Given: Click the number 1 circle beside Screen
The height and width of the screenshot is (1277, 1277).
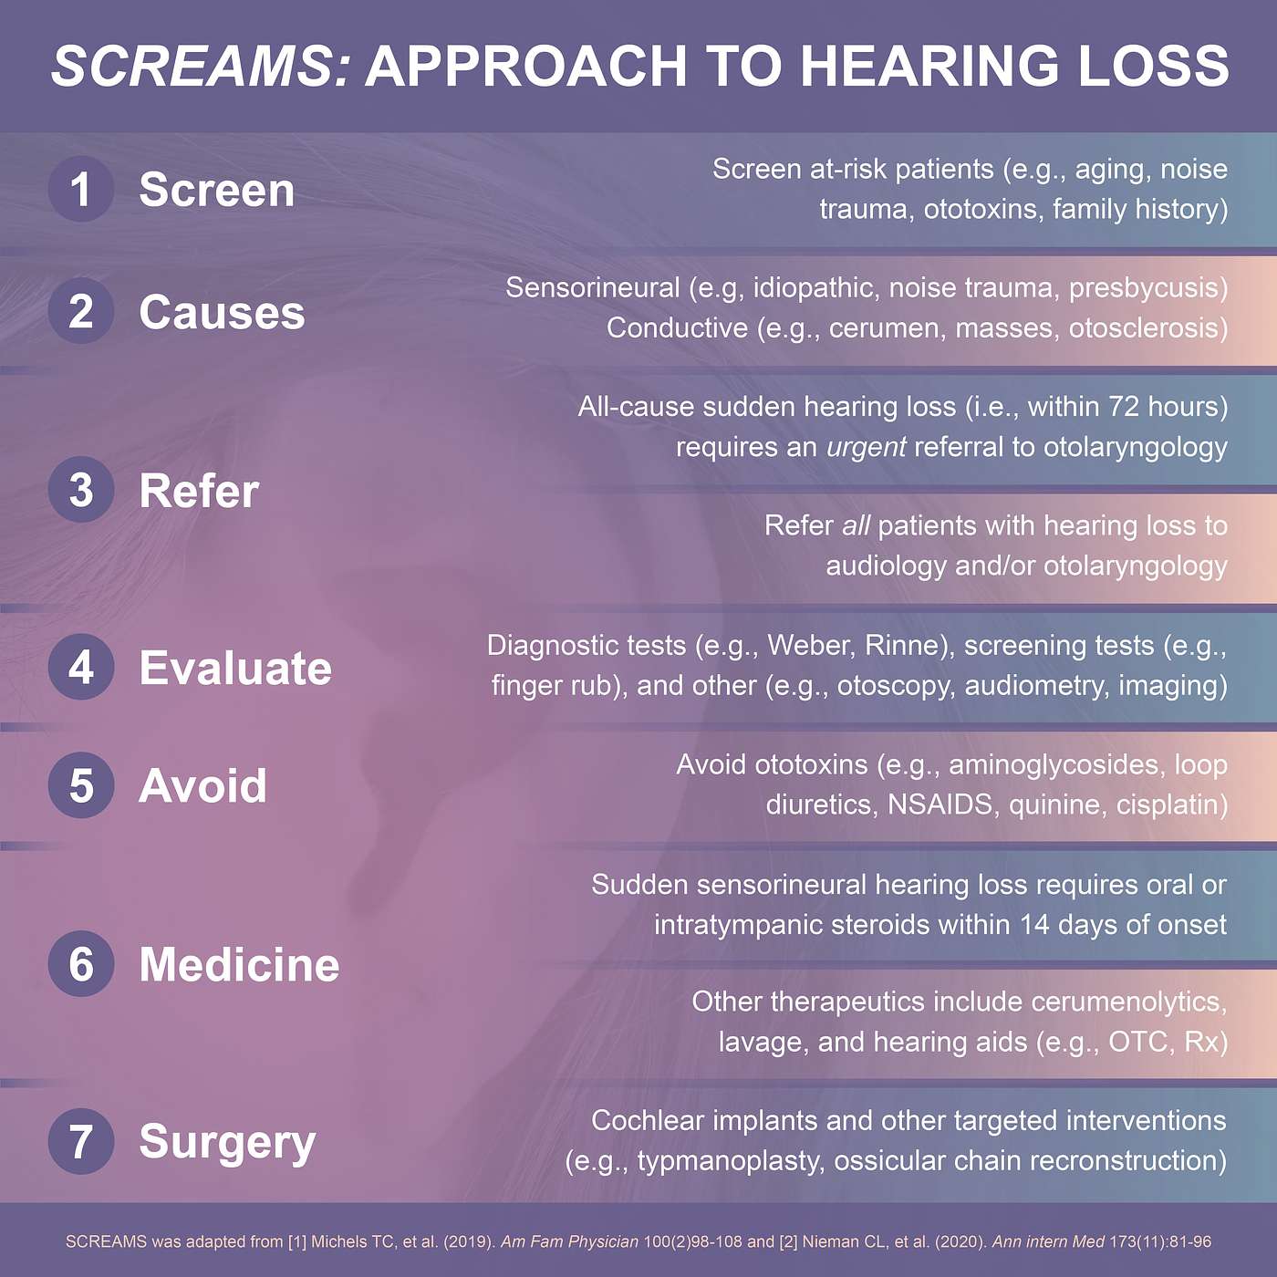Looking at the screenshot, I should tap(81, 189).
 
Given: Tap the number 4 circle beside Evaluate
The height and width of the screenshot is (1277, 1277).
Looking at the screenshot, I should tap(81, 667).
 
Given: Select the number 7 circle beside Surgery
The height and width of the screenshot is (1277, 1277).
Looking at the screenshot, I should tap(81, 1141).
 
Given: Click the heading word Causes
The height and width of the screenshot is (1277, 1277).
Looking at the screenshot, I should tap(222, 312).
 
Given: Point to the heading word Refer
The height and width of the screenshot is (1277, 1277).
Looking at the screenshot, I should tap(199, 491).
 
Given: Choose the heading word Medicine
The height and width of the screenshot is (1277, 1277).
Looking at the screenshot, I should tap(239, 964).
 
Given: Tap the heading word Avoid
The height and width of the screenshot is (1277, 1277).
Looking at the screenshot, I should tap(202, 785).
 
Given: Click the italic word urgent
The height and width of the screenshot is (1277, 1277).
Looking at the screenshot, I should tap(866, 447).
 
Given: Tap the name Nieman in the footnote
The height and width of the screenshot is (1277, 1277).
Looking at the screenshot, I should tap(827, 1241).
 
